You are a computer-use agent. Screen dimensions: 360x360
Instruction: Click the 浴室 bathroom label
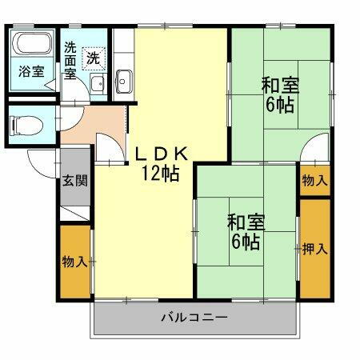[31, 70]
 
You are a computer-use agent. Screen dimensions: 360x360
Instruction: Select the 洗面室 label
[70, 60]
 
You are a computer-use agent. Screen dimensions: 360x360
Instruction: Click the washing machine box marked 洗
[94, 58]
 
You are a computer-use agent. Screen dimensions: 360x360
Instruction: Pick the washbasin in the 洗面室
[96, 83]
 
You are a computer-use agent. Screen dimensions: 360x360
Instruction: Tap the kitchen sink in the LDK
[123, 79]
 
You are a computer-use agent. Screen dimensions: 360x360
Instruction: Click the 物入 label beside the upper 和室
[314, 181]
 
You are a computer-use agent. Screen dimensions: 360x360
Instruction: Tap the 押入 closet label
[314, 248]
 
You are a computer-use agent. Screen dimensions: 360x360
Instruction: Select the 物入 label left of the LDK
[74, 262]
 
